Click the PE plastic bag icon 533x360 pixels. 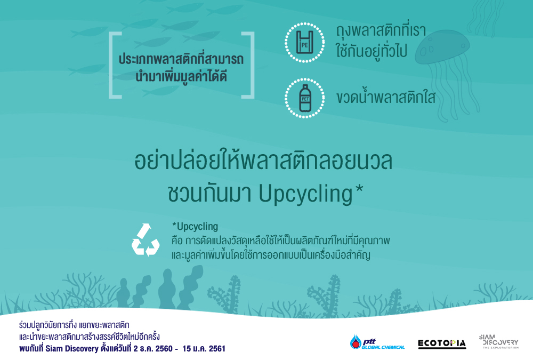304,42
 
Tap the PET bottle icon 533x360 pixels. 305,98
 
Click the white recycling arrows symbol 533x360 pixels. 146,240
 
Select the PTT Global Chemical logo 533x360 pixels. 377,342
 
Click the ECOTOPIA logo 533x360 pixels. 442,343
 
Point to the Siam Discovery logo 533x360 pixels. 499,341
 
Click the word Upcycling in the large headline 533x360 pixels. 306,194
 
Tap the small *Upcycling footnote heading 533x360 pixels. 195,227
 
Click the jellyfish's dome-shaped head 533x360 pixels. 442,47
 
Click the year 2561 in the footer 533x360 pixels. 216,349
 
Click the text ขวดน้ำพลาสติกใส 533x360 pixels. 386,97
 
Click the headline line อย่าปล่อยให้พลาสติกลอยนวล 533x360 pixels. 263,161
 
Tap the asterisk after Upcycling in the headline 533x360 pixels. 359,188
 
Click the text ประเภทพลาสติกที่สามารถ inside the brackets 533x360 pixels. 181,59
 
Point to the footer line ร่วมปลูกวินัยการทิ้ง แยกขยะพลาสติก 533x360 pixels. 74,325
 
